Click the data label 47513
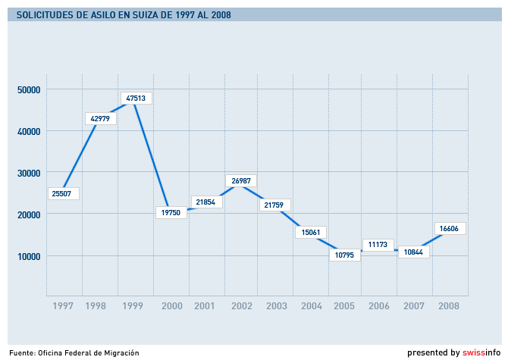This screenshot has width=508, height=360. click(136, 98)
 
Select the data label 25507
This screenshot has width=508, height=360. click(63, 193)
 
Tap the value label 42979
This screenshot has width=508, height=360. click(100, 118)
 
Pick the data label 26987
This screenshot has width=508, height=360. click(241, 181)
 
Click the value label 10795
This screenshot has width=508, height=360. click(344, 255)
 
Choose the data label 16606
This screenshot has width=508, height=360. click(452, 228)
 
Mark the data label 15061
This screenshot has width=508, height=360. click(311, 232)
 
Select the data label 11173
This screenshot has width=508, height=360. click(378, 245)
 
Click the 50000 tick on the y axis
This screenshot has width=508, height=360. click(28, 89)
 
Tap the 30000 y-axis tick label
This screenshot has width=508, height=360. click(28, 173)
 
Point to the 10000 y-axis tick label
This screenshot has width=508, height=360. click(28, 256)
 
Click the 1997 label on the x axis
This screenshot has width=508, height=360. click(64, 306)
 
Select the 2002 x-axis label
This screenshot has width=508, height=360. click(241, 306)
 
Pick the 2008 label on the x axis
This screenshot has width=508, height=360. click(449, 306)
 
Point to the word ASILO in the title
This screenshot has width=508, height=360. click(99, 14)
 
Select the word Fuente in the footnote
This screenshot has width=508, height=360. click(22, 353)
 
